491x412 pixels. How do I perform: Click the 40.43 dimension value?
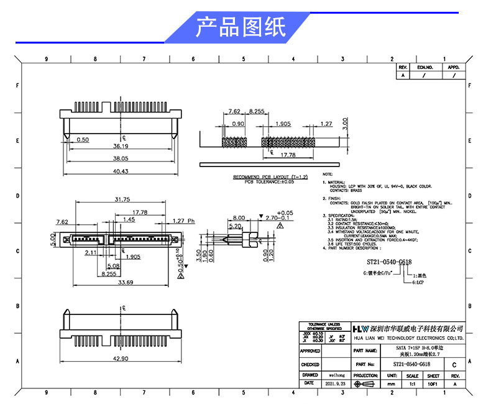point(120,172)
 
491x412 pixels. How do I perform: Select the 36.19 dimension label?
point(120,147)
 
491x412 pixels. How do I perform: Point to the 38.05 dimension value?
point(120,159)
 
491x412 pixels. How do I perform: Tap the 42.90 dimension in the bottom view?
point(120,359)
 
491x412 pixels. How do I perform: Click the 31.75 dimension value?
point(122,200)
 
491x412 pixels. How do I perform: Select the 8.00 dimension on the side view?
point(221,218)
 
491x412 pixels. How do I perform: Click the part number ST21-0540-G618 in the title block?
point(412,364)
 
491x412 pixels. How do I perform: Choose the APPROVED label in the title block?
point(310,351)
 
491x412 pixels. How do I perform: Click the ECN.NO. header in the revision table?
point(424,66)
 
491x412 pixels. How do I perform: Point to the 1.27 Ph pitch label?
point(183,221)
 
